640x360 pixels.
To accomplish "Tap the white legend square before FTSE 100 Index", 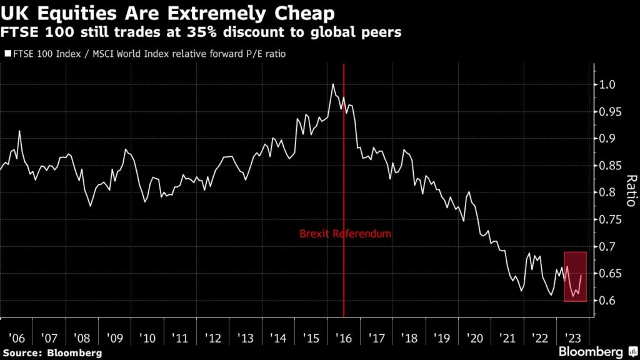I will pyautogui.click(x=7, y=54).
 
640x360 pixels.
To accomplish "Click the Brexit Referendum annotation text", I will pyautogui.click(x=346, y=234).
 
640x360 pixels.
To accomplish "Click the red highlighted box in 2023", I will pyautogui.click(x=576, y=276).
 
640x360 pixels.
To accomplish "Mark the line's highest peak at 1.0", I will pyautogui.click(x=333, y=84).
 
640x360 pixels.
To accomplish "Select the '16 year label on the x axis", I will pyautogui.click(x=344, y=338).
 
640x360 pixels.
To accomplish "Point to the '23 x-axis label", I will pyautogui.click(x=573, y=338).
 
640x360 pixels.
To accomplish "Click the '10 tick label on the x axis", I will pyautogui.click(x=147, y=338).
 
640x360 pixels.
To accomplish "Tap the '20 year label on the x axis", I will pyautogui.click(x=475, y=338).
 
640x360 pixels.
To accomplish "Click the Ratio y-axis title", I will pyautogui.click(x=630, y=191).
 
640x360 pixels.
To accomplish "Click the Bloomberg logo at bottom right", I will pyautogui.click(x=594, y=352).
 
